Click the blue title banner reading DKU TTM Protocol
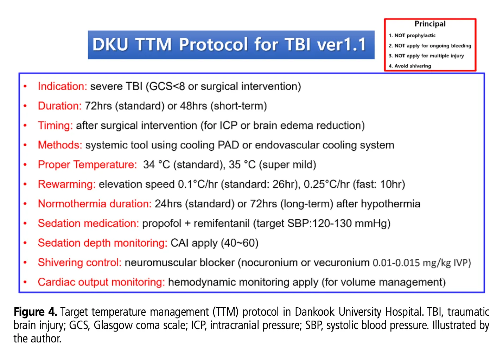click(231, 45)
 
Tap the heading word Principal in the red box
click(430, 24)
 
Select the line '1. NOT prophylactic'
click(412, 36)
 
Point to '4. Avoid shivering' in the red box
click(410, 66)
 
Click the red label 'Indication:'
click(62, 86)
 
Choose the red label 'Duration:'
click(60, 106)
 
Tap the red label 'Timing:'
click(56, 126)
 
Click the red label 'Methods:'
click(60, 145)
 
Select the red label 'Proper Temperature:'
click(87, 165)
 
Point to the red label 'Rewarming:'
click(67, 184)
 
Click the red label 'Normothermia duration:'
click(95, 204)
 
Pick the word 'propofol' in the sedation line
click(162, 224)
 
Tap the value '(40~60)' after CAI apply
click(240, 243)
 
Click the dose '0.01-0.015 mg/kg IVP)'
click(422, 263)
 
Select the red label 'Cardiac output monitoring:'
click(101, 282)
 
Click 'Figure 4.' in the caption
click(35, 312)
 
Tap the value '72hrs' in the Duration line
click(98, 106)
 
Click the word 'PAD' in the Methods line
click(228, 145)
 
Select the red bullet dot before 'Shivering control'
click(25, 262)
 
